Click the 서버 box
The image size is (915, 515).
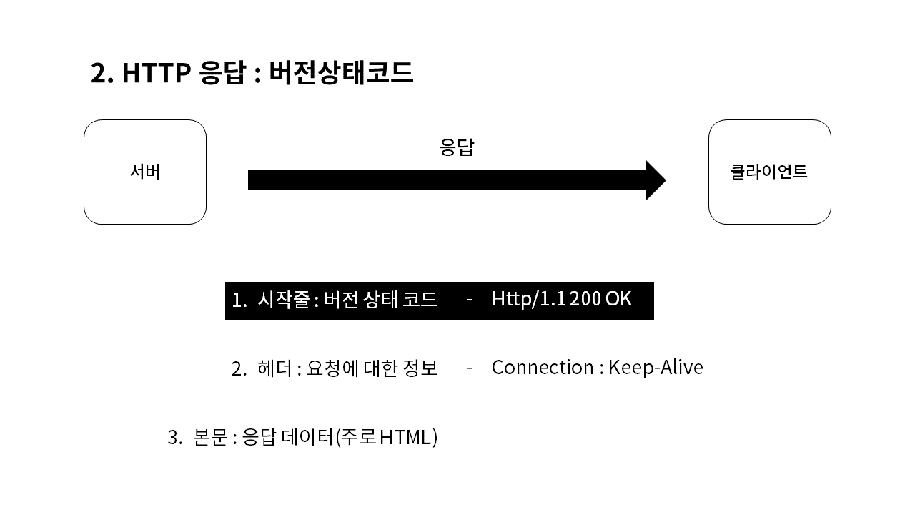145,172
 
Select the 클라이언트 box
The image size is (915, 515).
769,172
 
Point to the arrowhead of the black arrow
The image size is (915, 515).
656,180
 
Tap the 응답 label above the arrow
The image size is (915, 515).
457,147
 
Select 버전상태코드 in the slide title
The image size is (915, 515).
341,73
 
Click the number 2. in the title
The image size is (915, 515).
102,73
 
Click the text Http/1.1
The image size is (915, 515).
528,299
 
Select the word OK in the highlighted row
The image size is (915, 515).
618,299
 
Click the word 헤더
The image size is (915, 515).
274,368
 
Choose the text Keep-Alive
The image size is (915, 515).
656,368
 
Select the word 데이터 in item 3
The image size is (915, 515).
308,437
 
